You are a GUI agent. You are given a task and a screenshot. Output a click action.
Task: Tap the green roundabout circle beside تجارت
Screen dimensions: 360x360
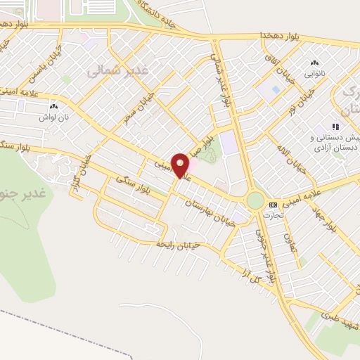pos(255,202)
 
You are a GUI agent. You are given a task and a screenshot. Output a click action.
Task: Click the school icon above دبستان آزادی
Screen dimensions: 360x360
pos(335,127)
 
